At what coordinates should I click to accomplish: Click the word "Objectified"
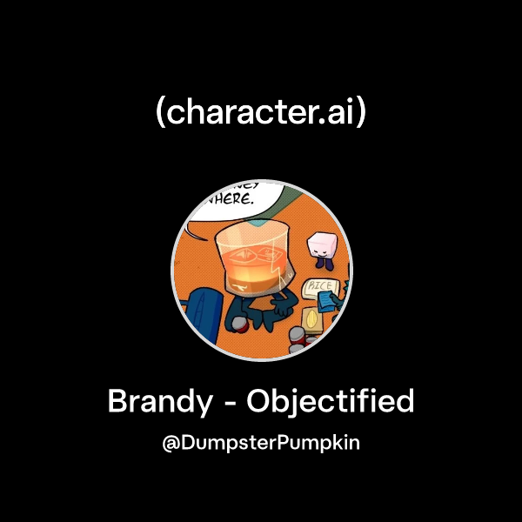click(x=331, y=403)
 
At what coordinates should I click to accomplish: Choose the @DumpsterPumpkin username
click(x=261, y=443)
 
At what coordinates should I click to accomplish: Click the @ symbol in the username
click(x=171, y=443)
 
